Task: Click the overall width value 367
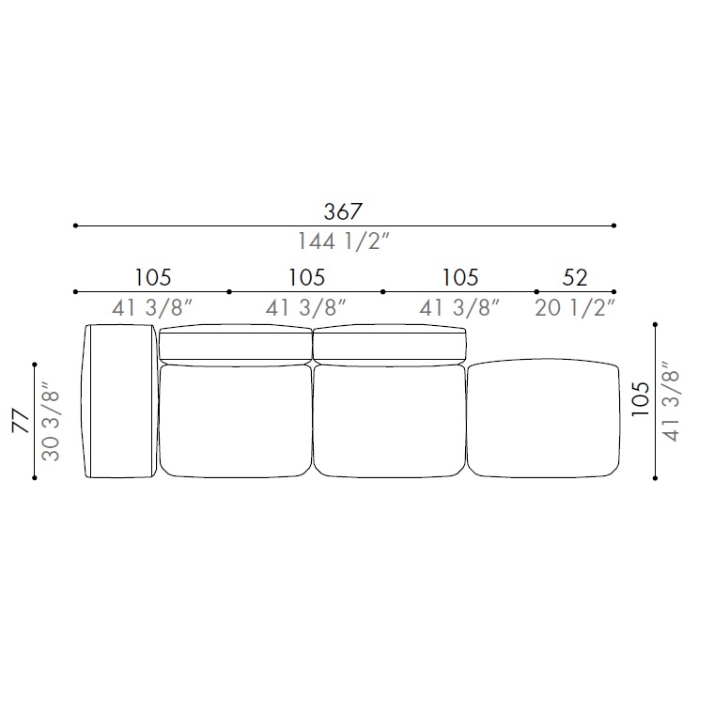[x=343, y=211]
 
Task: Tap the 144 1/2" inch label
[x=344, y=241]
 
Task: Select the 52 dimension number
[x=575, y=278]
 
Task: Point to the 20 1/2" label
[x=575, y=308]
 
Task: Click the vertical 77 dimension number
[x=21, y=421]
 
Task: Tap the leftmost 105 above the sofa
[x=153, y=278]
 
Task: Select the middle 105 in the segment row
[x=306, y=278]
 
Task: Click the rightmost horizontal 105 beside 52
[x=460, y=278]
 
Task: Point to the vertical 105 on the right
[x=640, y=399]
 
